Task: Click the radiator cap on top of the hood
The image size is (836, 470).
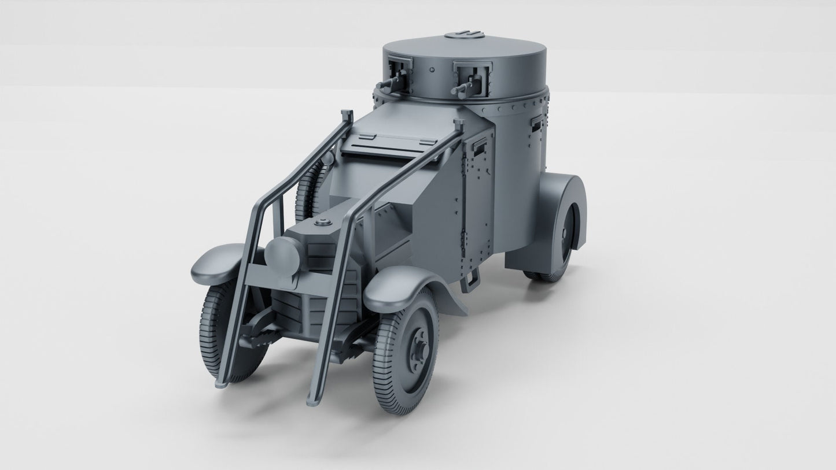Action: [323, 223]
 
